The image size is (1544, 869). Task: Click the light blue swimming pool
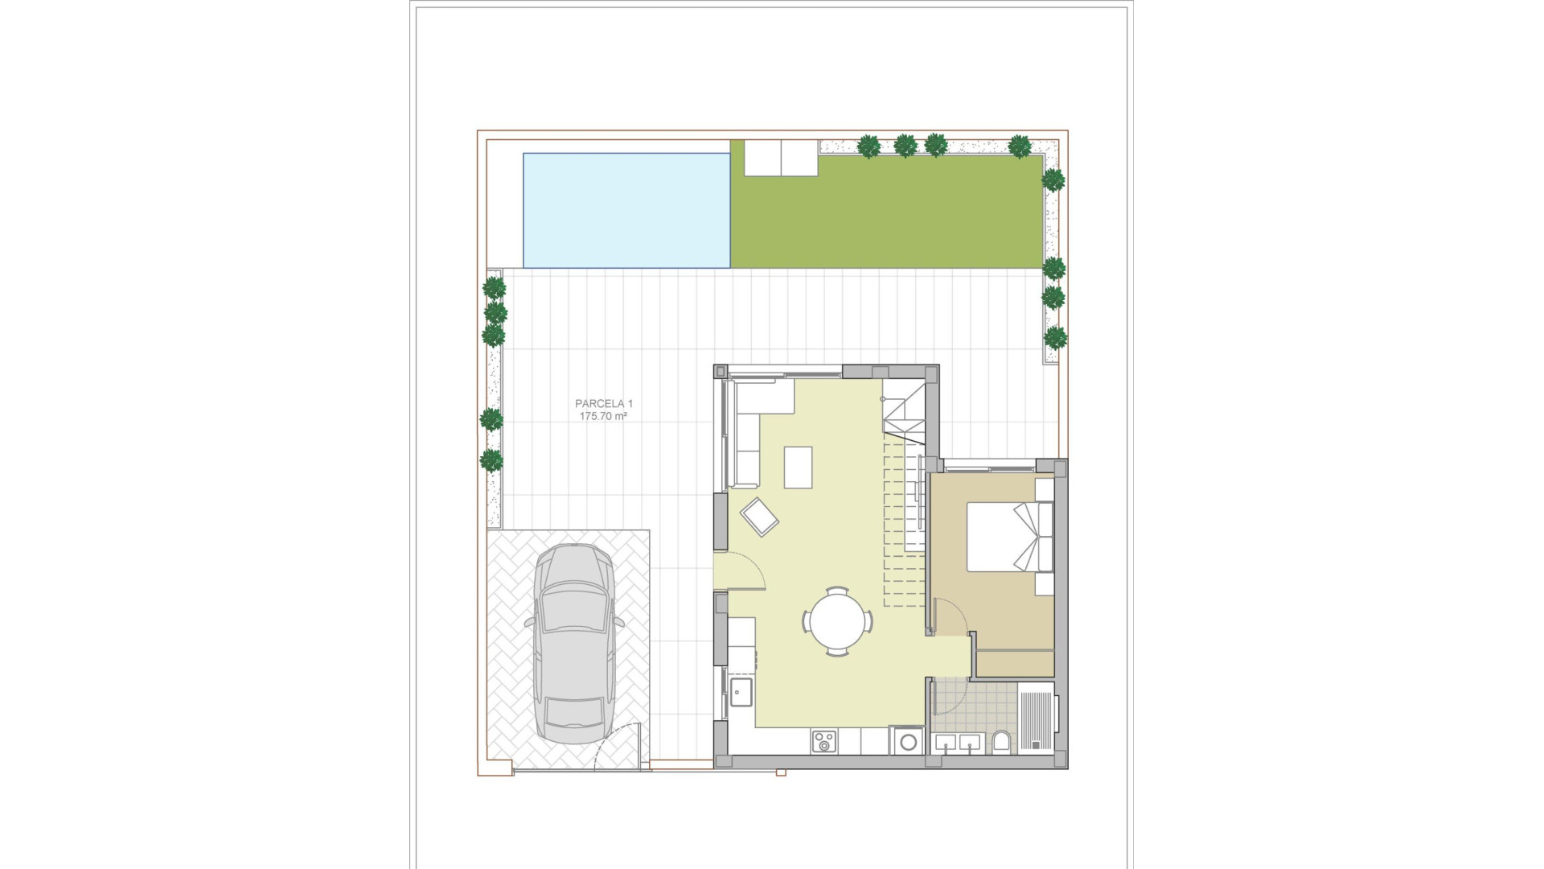(626, 210)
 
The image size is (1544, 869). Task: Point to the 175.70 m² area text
(603, 417)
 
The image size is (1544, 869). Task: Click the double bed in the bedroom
(1007, 537)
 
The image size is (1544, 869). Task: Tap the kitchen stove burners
(823, 742)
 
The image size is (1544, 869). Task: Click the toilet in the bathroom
(1001, 742)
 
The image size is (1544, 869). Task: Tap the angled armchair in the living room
(759, 516)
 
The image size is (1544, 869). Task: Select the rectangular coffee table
(799, 467)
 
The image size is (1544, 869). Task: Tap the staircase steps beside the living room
(904, 515)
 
